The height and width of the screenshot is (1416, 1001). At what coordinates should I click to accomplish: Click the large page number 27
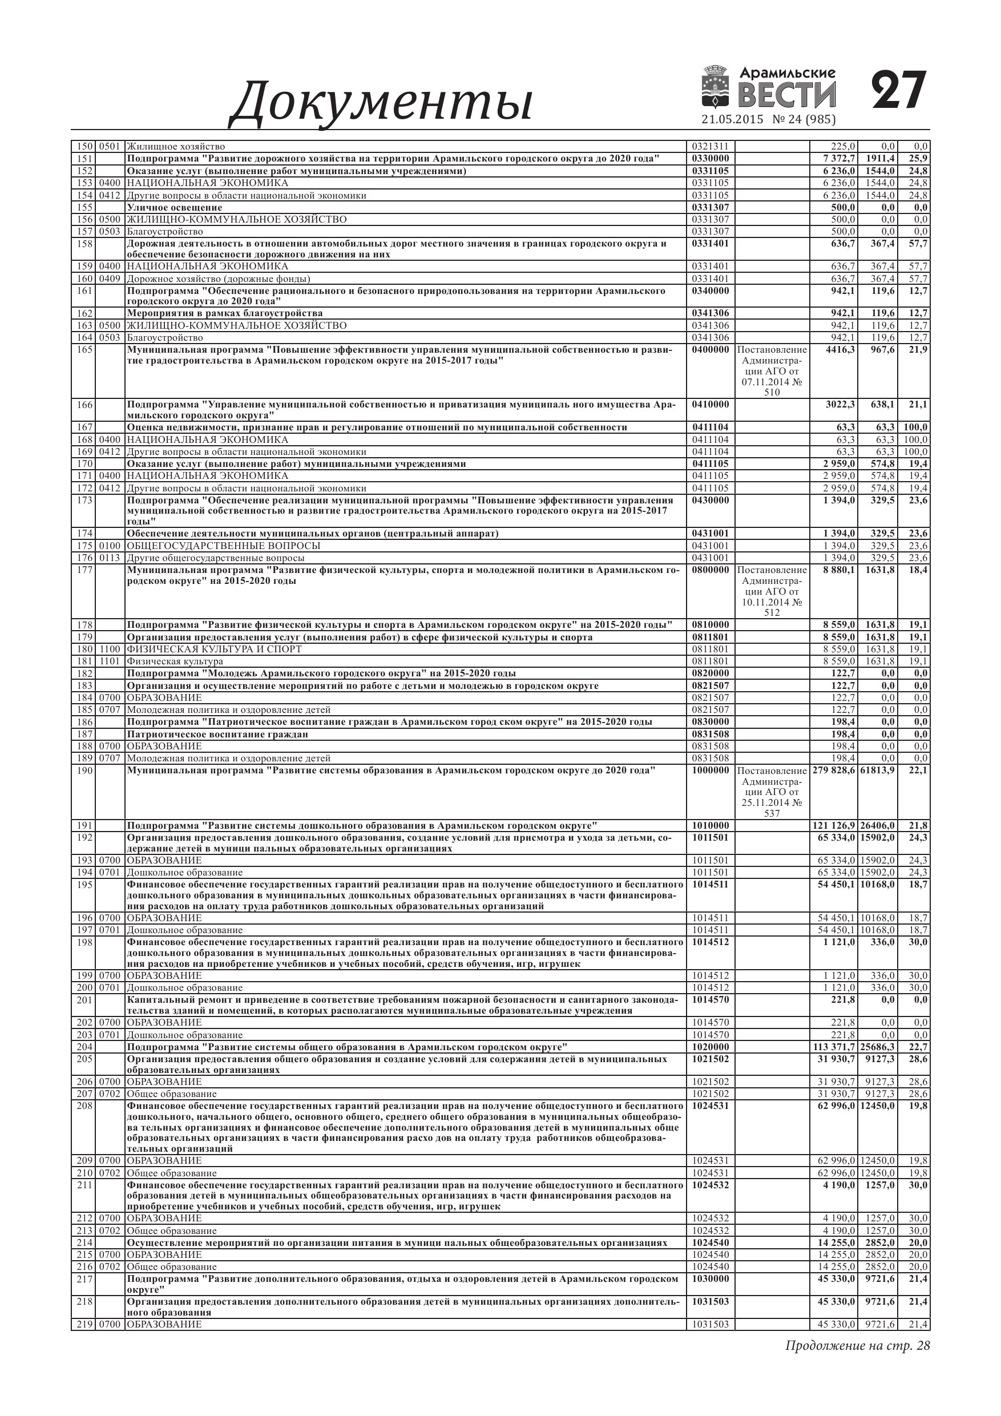[x=899, y=91]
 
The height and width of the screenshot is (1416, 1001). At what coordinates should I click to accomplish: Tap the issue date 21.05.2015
[x=732, y=120]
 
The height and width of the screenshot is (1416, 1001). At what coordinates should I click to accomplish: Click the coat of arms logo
[x=716, y=87]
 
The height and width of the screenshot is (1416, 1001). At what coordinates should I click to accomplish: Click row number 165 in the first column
[x=83, y=350]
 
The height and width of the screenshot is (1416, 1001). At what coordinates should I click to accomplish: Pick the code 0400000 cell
[x=711, y=350]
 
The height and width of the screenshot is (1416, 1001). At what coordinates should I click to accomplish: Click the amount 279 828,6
[x=832, y=770]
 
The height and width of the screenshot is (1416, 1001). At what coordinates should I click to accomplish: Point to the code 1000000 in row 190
[x=711, y=770]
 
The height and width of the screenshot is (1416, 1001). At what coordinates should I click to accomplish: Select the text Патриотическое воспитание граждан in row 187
[x=217, y=734]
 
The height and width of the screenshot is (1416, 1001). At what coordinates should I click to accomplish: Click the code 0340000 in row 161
[x=711, y=291]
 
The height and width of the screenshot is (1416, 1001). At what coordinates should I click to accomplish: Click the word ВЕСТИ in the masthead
[x=787, y=95]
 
